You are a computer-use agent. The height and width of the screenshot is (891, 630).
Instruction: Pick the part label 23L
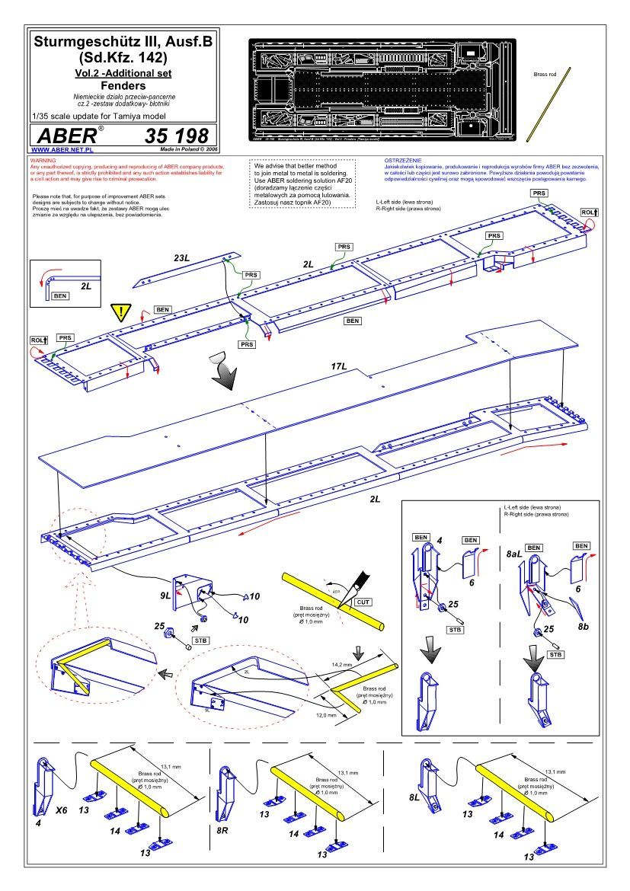(181, 259)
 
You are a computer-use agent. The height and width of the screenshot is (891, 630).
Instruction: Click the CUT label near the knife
(363, 602)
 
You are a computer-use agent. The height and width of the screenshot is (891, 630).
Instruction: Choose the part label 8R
(221, 829)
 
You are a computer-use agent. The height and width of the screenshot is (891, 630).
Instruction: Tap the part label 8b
(584, 625)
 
